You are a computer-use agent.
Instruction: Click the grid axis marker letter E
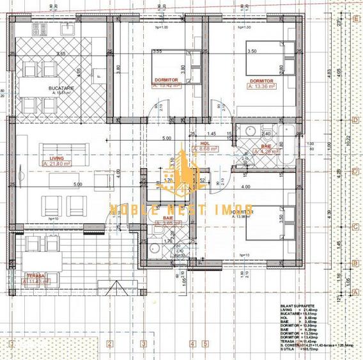coord(355,19)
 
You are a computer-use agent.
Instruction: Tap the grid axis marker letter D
coord(355,119)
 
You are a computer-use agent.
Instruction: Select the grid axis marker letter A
coord(355,291)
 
